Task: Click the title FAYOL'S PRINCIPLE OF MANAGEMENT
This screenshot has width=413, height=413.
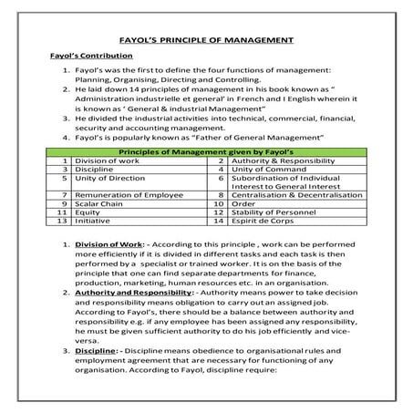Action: (x=206, y=40)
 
